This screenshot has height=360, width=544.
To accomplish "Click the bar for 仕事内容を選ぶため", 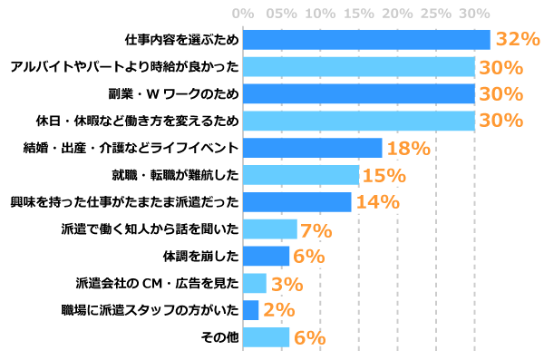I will tap(366, 40).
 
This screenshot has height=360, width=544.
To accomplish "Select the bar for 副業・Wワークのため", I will tap(359, 94).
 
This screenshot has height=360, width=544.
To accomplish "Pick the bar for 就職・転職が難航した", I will tap(301, 175).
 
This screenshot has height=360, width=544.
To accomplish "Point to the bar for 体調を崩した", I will tap(267, 256).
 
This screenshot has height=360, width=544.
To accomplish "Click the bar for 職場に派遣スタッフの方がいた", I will tap(251, 310).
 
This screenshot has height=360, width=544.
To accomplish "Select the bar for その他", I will tap(267, 337).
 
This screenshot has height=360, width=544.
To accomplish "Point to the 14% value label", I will tap(378, 202).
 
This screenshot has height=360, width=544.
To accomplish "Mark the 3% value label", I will tap(287, 284).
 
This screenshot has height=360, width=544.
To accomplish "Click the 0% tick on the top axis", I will tap(243, 15).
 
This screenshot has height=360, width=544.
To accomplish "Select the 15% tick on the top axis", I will tap(358, 15).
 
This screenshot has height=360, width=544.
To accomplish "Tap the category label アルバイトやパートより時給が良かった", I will tap(123, 67).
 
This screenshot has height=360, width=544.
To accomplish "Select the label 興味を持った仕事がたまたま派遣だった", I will tap(123, 202).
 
